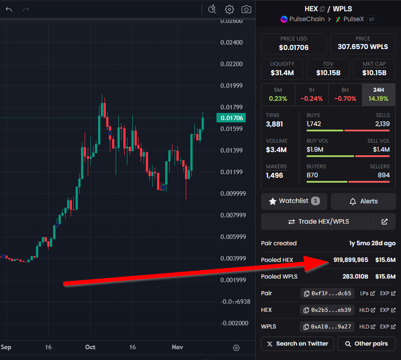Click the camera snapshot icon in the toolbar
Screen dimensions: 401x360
click(x=246, y=9)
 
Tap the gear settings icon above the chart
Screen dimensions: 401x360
click(x=230, y=9)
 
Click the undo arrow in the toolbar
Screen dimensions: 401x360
click(x=9, y=9)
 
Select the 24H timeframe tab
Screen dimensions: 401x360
click(x=378, y=94)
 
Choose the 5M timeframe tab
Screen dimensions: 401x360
click(x=278, y=94)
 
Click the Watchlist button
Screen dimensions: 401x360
click(x=294, y=201)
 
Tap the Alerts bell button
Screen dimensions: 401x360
click(x=363, y=201)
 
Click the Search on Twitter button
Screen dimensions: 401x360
click(x=297, y=344)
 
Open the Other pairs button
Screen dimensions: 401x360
click(x=366, y=344)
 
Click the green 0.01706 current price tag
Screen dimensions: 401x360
click(x=231, y=118)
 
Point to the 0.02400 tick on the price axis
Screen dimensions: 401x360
click(x=231, y=42)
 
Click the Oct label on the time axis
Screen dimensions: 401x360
click(x=90, y=347)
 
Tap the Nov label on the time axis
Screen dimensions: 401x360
click(x=177, y=347)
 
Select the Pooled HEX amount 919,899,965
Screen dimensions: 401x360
click(x=351, y=260)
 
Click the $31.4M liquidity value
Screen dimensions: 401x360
click(x=282, y=73)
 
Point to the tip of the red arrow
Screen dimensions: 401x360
click(x=329, y=261)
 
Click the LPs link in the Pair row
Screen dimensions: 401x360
click(x=367, y=293)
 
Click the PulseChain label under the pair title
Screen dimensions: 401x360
click(x=307, y=19)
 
